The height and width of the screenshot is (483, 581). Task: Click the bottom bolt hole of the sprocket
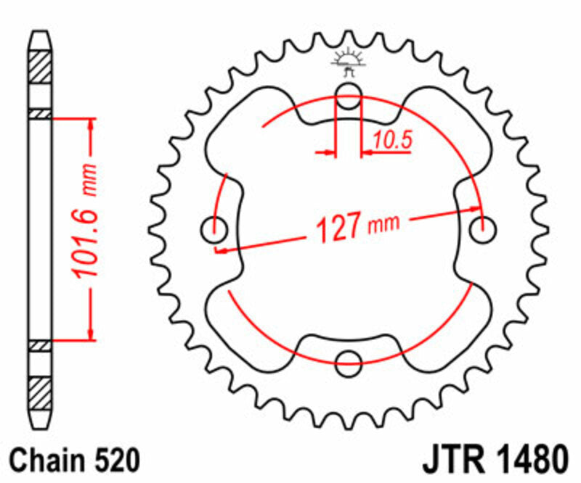point(349,359)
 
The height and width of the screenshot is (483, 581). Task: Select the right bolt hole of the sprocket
point(481,231)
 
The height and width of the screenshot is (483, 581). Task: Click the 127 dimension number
point(338,230)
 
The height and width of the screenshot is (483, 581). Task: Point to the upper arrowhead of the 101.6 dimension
point(91,123)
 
